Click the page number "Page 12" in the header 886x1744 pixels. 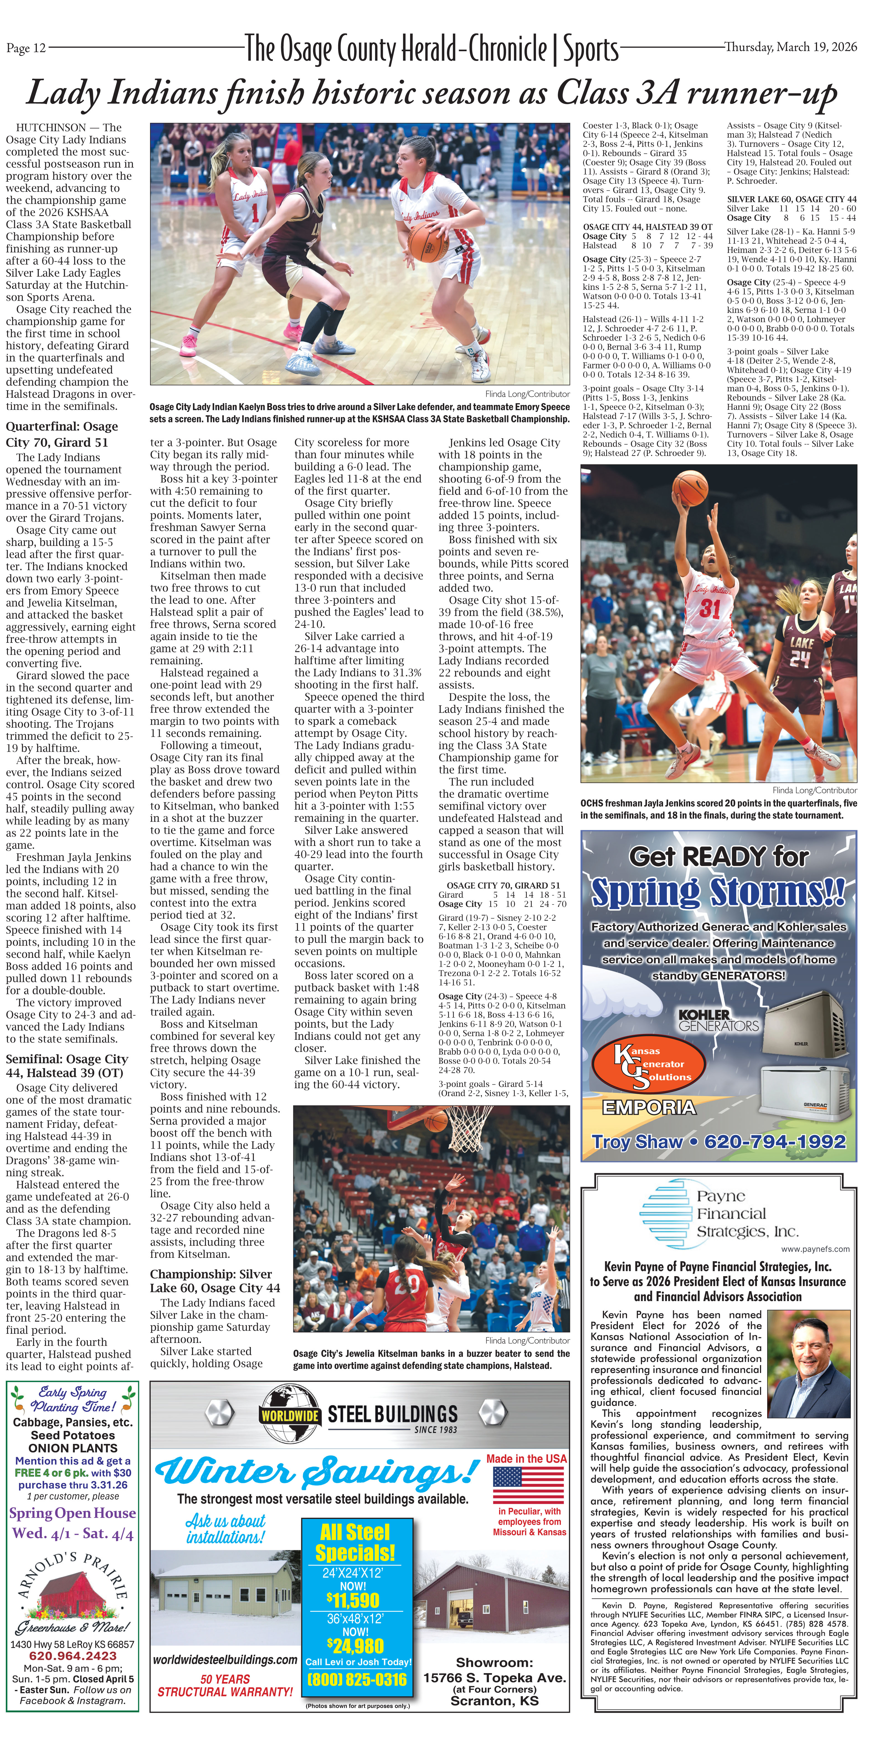26,47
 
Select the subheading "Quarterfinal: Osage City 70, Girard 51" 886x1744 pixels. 62,434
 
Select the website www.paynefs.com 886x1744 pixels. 815,1248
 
